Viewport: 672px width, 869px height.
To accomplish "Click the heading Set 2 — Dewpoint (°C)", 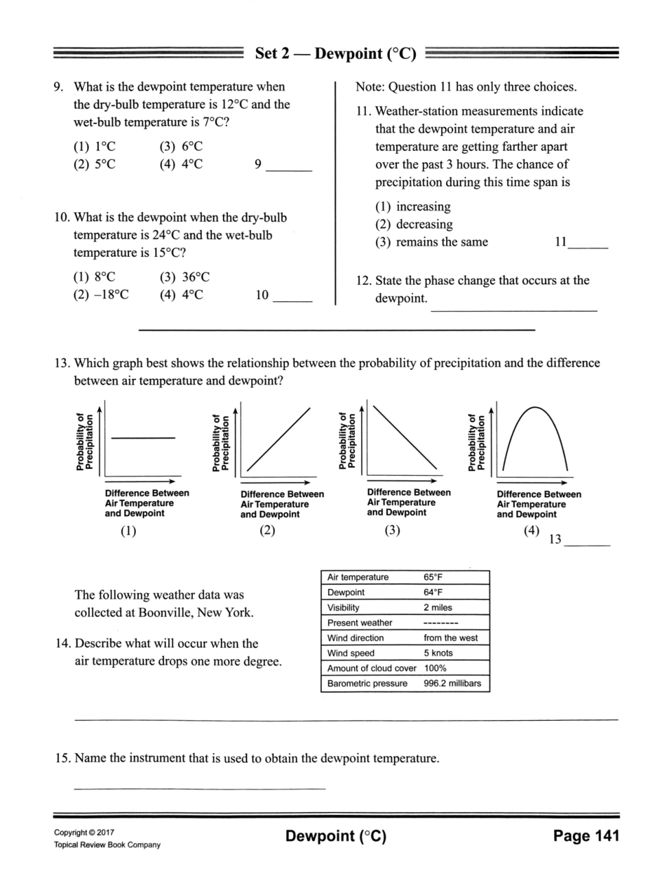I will pos(335,54).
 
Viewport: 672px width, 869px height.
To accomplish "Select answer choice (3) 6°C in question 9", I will pos(181,146).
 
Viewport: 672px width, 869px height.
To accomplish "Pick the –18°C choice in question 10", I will pos(101,295).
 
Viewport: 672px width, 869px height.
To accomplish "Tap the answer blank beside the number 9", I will pos(288,166).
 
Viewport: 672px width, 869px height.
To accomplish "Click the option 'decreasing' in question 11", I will pos(414,224).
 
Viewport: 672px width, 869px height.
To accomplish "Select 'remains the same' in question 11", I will pos(431,242).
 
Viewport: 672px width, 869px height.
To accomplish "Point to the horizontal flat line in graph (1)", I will pos(143,437).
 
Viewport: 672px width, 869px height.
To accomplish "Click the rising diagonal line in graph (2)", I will pos(278,439).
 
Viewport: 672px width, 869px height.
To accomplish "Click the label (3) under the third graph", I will pos(392,530).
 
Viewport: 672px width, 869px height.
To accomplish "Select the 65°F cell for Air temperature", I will pos(433,577).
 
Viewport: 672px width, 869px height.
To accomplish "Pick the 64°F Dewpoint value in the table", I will pos(433,592).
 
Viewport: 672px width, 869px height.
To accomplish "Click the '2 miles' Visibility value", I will pos(437,607).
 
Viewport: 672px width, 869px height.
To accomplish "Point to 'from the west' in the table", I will pos(450,638).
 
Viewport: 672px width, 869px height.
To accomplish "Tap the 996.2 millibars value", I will pos(452,684).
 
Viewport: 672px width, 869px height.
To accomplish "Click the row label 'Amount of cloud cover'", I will pos(371,668).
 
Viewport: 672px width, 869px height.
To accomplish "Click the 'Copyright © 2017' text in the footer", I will pos(84,833).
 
